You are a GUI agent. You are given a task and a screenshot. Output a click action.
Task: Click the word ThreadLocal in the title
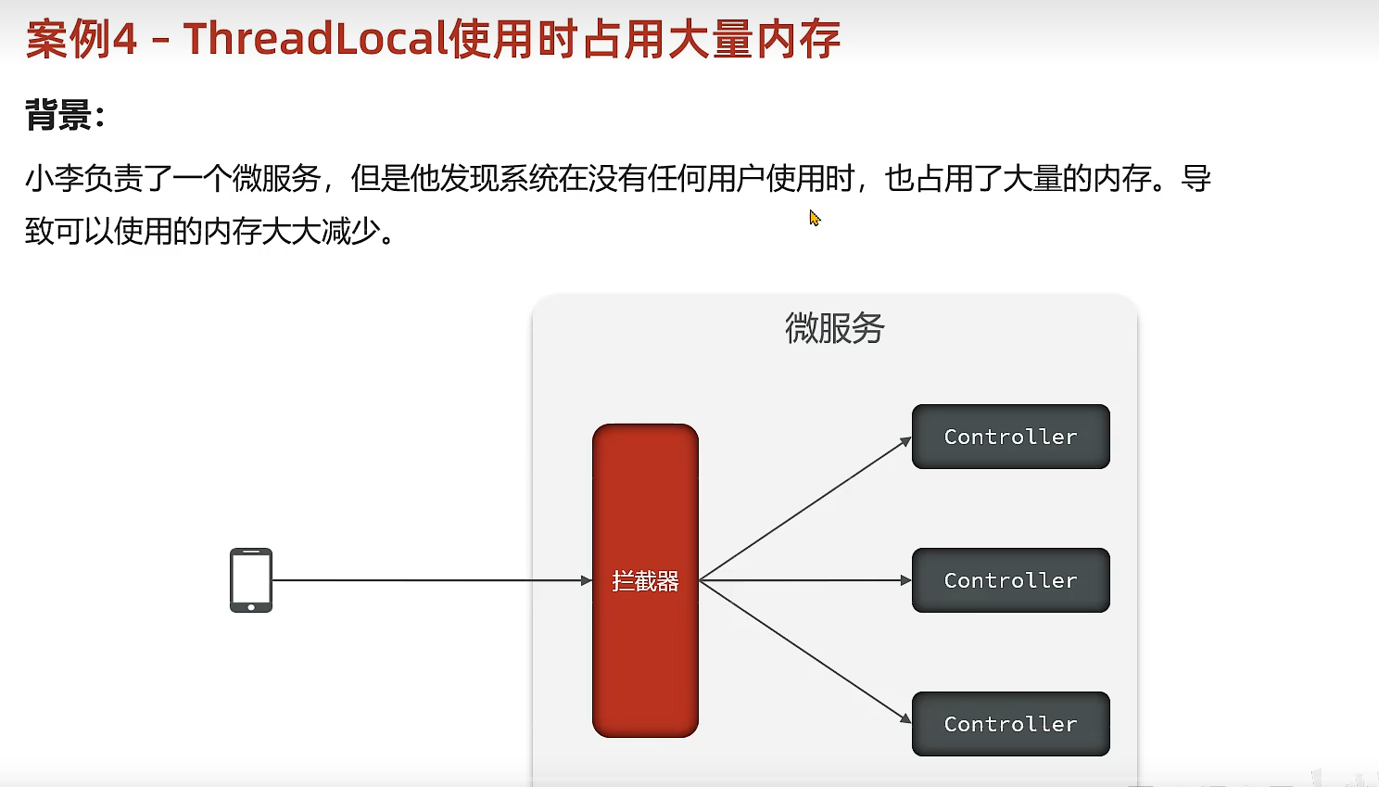pyautogui.click(x=315, y=39)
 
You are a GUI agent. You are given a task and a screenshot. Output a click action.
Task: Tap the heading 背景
pyautogui.click(x=58, y=116)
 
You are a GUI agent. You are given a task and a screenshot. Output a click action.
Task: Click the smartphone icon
pyautogui.click(x=251, y=580)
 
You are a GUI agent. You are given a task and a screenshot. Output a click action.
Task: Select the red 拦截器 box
pyautogui.click(x=645, y=580)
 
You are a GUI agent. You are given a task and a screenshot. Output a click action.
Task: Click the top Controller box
pyautogui.click(x=1010, y=437)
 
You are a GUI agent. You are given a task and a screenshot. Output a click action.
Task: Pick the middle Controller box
pyautogui.click(x=1010, y=580)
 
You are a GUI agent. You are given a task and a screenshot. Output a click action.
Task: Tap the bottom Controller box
pyautogui.click(x=1010, y=724)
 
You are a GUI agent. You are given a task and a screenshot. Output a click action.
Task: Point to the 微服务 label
pyautogui.click(x=834, y=328)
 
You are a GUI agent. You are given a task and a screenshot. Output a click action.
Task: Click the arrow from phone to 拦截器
pyautogui.click(x=431, y=580)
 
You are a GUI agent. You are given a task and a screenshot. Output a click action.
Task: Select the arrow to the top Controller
pyautogui.click(x=804, y=509)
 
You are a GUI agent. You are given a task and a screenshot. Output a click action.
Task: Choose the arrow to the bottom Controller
pyautogui.click(x=804, y=652)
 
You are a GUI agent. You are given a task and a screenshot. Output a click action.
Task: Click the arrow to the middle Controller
pyautogui.click(x=804, y=580)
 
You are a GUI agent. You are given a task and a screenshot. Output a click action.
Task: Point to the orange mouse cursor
pyautogui.click(x=814, y=218)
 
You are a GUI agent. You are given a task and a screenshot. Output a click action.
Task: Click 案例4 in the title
pyautogui.click(x=82, y=39)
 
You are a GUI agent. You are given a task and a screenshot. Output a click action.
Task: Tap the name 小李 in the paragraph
pyautogui.click(x=54, y=178)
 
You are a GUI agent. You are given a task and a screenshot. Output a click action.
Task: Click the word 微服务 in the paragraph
pyautogui.click(x=275, y=178)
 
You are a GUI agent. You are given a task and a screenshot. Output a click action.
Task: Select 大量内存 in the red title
pyautogui.click(x=753, y=39)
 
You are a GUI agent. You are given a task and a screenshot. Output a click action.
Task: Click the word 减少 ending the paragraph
pyautogui.click(x=350, y=231)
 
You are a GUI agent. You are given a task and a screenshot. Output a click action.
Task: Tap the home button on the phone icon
pyautogui.click(x=251, y=607)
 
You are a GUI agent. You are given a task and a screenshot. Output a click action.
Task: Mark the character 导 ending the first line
pyautogui.click(x=1196, y=178)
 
